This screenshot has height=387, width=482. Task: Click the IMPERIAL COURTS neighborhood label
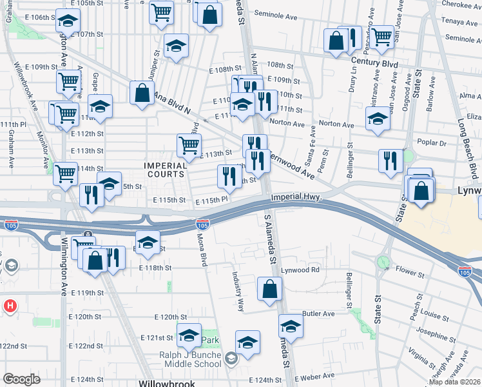coord(165,170)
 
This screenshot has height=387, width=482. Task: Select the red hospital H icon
coord(11,306)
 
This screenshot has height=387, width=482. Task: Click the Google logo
coord(21,379)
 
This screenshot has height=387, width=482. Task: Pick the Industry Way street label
coord(238,290)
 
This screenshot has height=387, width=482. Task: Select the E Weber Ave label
coord(314,376)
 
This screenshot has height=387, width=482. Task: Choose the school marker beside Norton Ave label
coord(378,118)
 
